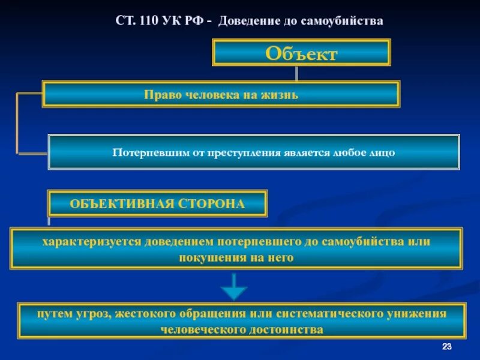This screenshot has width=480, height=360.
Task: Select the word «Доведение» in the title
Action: click(x=245, y=21)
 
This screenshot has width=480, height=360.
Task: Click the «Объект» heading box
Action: click(x=301, y=53)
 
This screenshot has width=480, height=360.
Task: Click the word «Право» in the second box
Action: click(x=160, y=94)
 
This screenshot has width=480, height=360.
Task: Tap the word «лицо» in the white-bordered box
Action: click(x=382, y=152)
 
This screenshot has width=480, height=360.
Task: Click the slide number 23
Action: click(x=446, y=347)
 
